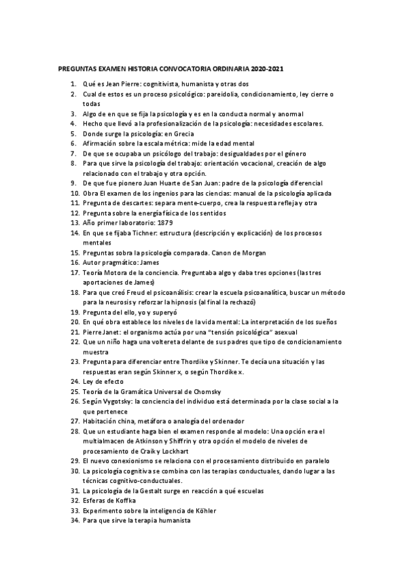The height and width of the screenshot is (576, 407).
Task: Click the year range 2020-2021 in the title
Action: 267,69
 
